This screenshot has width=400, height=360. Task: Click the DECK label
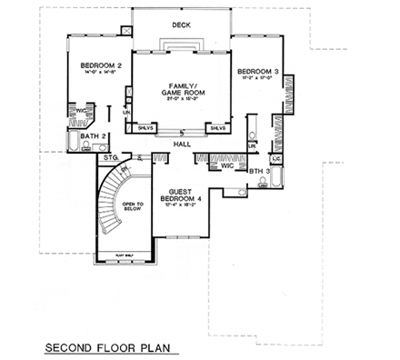point(181,25)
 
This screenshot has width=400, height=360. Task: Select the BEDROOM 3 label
point(256,71)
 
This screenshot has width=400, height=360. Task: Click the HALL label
point(181,144)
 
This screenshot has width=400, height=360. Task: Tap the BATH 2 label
point(92,135)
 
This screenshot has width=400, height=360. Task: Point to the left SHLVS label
point(145,128)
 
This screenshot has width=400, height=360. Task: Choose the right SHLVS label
point(218,128)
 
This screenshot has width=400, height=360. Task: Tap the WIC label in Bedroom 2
point(79,110)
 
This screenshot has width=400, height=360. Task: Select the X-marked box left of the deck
point(128,28)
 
